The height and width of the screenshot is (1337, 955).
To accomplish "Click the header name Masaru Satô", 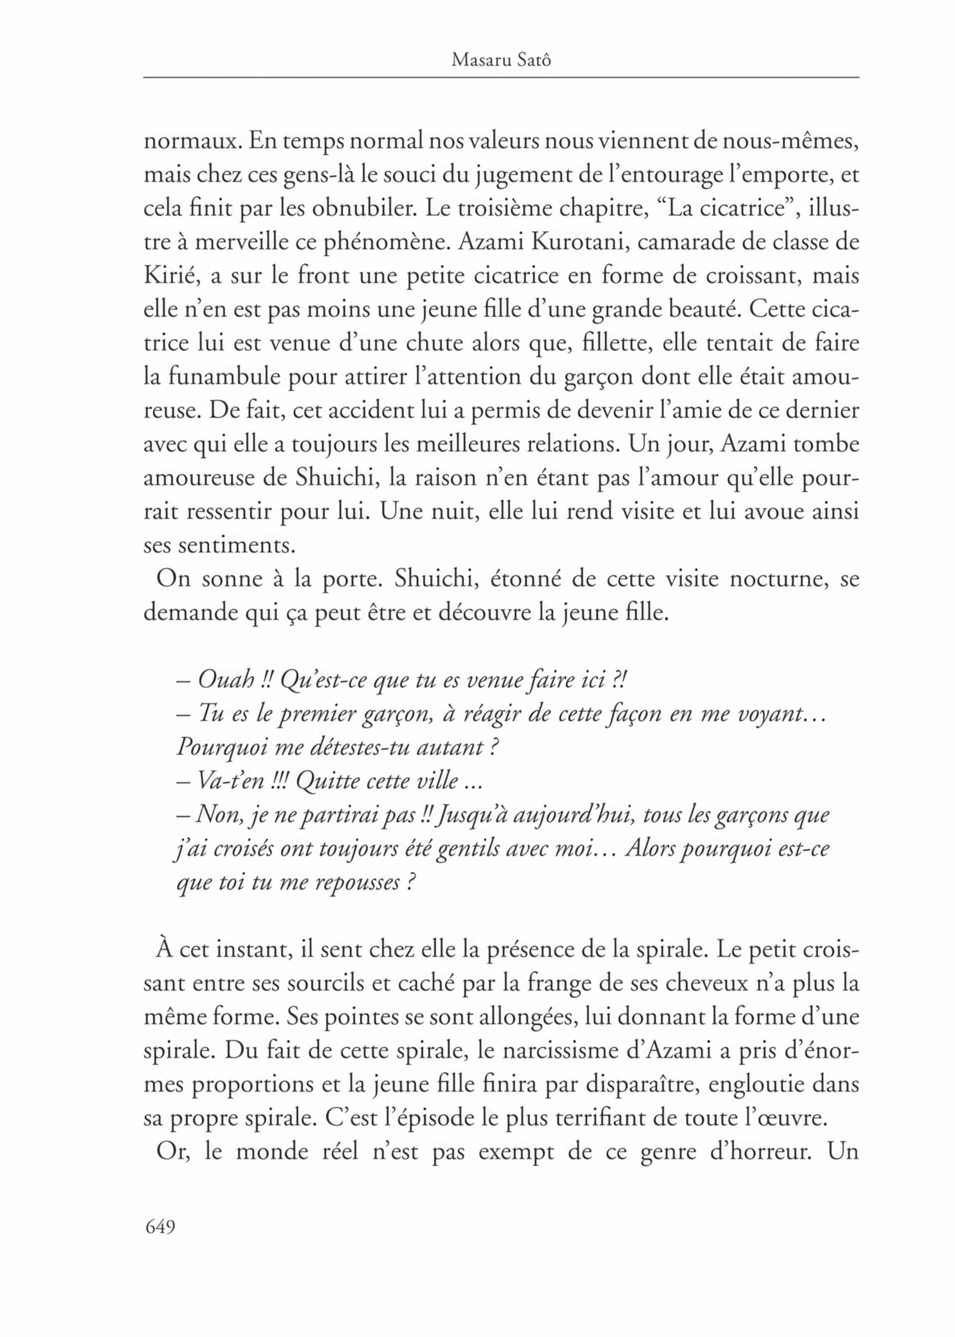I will click(x=501, y=60).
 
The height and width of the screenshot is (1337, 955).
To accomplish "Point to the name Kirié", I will click(x=168, y=276).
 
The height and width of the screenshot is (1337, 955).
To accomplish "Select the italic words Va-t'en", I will click(x=230, y=781).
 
